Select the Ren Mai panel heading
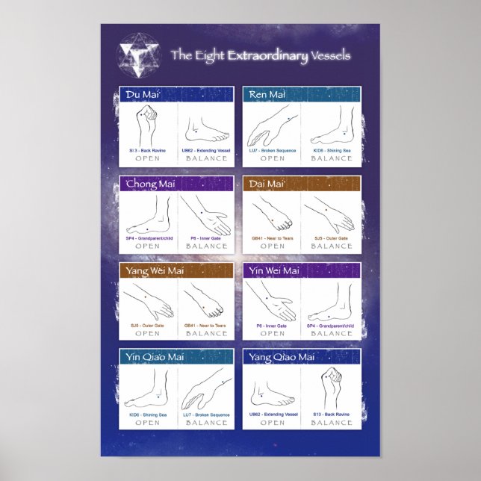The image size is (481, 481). (x=267, y=95)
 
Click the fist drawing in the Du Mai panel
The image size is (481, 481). (x=147, y=125)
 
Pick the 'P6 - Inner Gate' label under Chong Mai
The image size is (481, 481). (x=205, y=238)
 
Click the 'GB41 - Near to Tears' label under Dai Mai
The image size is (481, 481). (x=272, y=238)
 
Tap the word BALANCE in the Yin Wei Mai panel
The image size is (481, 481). (x=331, y=333)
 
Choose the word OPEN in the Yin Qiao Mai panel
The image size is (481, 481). (x=147, y=423)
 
